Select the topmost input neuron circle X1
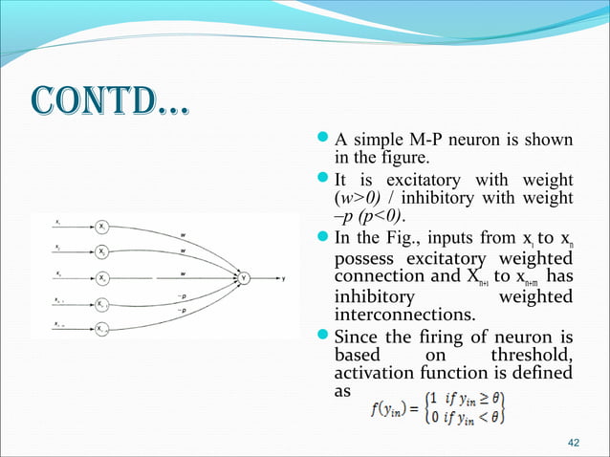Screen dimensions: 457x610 102,228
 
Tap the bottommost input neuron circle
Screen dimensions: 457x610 102,328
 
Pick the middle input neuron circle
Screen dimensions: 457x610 102,278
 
